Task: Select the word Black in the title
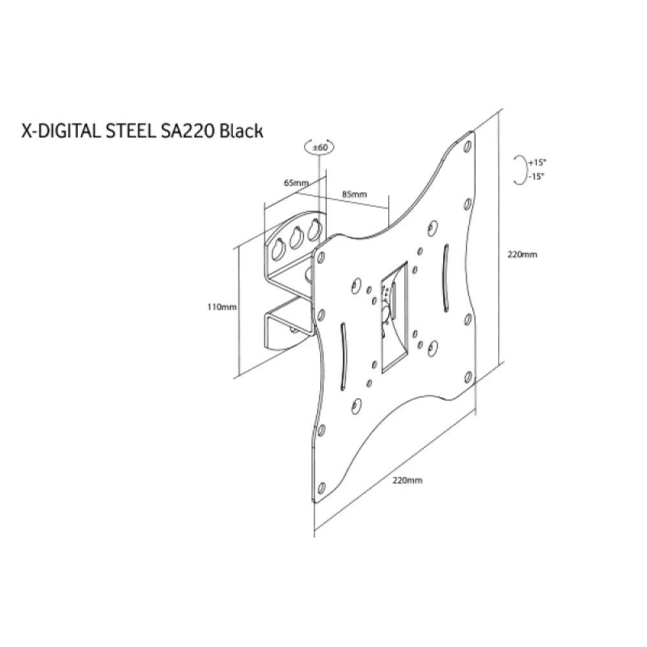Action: coord(241,131)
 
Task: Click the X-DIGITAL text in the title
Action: coord(61,131)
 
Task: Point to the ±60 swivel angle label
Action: coord(320,148)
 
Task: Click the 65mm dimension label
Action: coord(296,182)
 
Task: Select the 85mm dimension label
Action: coord(354,194)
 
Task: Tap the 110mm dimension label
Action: coord(222,307)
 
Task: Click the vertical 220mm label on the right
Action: coord(522,254)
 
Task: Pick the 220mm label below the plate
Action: coord(407,480)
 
